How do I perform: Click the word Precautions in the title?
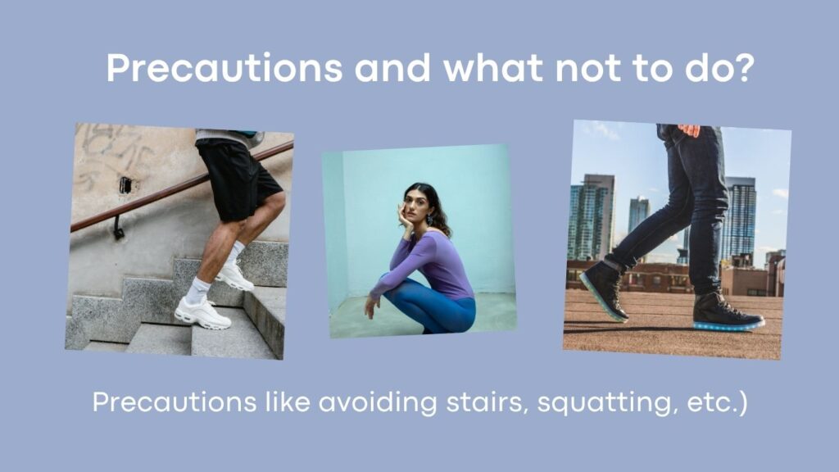(x=224, y=68)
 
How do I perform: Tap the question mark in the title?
(x=744, y=67)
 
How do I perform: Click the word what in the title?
(x=493, y=67)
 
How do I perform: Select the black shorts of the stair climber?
(x=238, y=178)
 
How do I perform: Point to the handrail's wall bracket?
(x=118, y=228)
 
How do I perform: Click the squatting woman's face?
(x=414, y=203)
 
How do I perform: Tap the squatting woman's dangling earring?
(x=429, y=220)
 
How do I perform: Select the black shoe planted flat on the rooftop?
(x=728, y=312)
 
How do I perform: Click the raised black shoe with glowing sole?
(x=605, y=289)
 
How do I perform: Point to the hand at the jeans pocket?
(x=688, y=130)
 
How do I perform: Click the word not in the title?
(x=588, y=68)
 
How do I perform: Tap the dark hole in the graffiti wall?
(x=125, y=185)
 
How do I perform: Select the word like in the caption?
(x=288, y=402)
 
